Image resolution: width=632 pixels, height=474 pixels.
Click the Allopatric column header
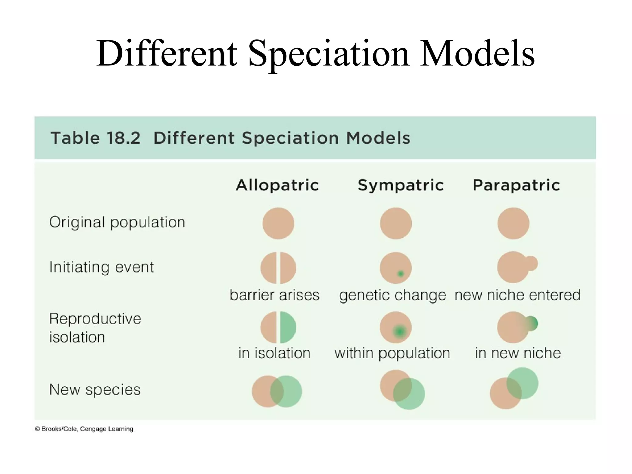[277, 185]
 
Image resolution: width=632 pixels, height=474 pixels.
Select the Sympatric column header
[401, 185]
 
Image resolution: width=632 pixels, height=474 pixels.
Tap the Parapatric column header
[516, 185]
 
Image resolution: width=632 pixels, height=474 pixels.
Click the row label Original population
[117, 222]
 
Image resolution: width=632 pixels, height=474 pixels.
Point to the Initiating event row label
[102, 267]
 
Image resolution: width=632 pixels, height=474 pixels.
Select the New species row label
[95, 389]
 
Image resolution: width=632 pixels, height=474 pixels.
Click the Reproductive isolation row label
[95, 328]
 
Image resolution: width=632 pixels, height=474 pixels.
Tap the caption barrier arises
[274, 295]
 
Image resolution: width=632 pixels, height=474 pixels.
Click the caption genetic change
[393, 295]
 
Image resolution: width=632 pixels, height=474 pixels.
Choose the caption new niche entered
[518, 295]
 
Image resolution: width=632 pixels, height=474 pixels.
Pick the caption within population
[392, 353]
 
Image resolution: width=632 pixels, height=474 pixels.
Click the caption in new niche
[518, 353]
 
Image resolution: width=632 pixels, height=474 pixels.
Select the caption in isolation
[274, 353]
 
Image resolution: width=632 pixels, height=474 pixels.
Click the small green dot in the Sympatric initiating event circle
[400, 274]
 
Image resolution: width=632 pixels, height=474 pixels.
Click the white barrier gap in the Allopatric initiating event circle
[278, 268]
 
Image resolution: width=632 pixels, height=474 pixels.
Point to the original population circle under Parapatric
[513, 223]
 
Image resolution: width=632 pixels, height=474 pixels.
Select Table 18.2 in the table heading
[95, 138]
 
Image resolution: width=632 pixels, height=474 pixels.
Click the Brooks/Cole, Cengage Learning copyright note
[84, 429]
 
